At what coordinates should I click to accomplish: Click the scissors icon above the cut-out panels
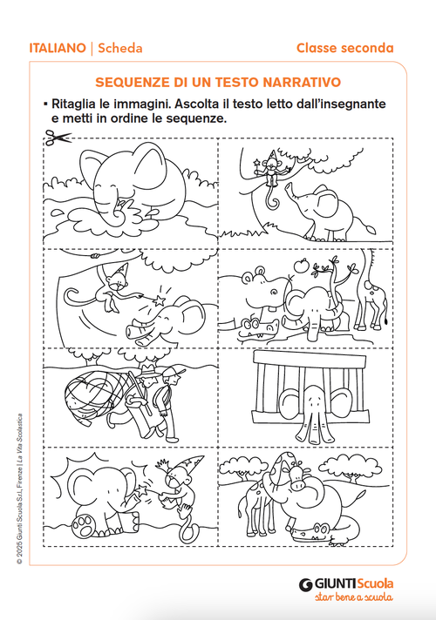(x=57, y=136)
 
